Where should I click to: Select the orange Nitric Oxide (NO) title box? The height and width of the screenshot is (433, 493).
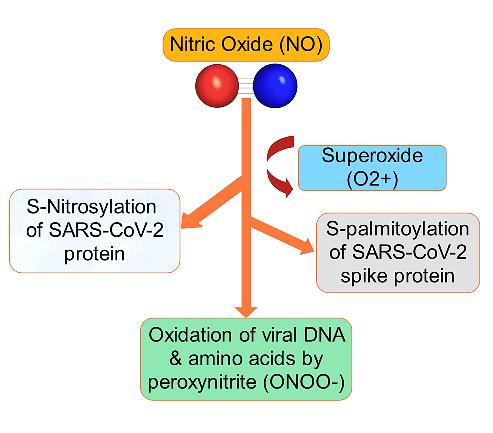point(246,44)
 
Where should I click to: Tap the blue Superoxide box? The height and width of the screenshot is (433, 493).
point(372,168)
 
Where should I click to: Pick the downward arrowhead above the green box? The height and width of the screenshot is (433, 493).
point(246,309)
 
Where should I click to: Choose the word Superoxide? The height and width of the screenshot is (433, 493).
point(372,156)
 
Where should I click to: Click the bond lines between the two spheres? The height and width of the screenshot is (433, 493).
point(246,86)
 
